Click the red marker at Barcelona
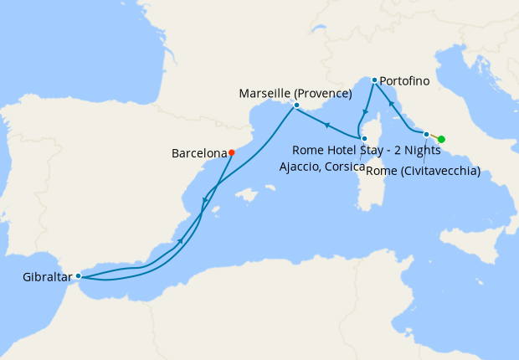[232, 152]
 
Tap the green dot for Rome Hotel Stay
[441, 139]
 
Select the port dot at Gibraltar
[78, 275]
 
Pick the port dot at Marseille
[296, 105]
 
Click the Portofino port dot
[374, 80]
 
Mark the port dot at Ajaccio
[364, 138]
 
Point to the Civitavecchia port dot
[426, 134]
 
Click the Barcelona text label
[199, 153]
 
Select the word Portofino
[405, 82]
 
